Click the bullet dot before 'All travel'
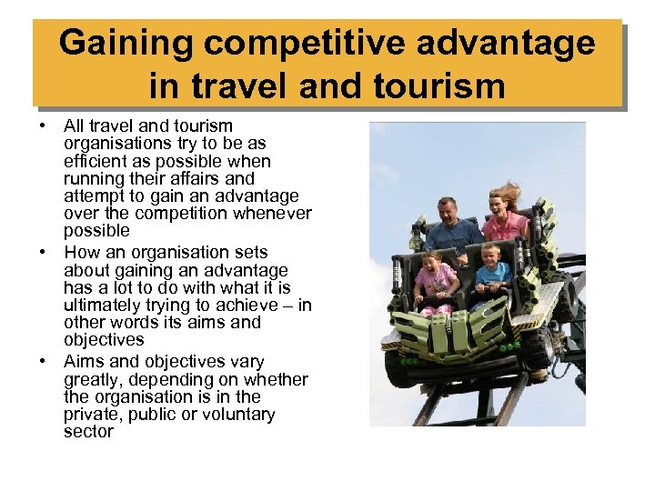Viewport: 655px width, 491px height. click(x=44, y=126)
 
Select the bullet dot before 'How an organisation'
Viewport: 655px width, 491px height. click(x=44, y=253)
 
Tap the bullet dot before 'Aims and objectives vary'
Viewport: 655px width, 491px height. click(x=44, y=361)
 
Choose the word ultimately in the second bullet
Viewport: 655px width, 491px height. click(x=102, y=306)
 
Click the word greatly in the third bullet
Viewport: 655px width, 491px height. click(x=93, y=379)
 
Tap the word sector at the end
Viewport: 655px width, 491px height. click(x=88, y=432)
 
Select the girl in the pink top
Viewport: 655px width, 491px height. click(x=436, y=277)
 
